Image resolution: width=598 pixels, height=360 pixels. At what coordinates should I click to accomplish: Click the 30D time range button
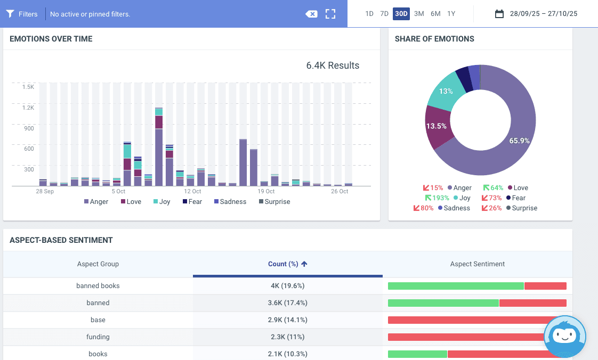coord(401,14)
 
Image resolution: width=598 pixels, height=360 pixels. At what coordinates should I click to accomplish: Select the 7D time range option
coord(384,14)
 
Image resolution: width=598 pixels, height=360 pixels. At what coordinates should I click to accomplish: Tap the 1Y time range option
coord(451,14)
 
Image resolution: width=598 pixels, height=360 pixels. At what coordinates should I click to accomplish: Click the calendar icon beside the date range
coord(499,14)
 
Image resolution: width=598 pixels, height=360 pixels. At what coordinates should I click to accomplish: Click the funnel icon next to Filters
coord(10,14)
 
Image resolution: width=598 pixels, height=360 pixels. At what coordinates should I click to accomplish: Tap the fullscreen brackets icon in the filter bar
coord(330,14)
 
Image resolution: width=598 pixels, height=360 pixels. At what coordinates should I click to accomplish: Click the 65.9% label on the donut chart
coord(520,141)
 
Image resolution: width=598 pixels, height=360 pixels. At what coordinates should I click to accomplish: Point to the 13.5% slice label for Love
coord(437,126)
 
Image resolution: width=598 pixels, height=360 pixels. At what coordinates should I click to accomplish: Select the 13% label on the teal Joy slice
coord(446,91)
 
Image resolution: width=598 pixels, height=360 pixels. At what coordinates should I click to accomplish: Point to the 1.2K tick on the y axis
coord(28,108)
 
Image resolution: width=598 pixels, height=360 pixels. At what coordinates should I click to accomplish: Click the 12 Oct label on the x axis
coord(192,191)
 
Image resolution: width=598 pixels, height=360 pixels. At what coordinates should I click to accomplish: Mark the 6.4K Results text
coord(333,66)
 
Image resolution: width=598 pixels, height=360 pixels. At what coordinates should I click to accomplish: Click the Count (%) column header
coord(288,264)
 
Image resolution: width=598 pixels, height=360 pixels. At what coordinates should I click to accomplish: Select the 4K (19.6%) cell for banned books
coord(288,286)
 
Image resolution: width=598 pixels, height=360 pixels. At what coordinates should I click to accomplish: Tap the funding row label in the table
coord(98,337)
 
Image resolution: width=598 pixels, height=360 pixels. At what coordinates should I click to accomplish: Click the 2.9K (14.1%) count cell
coord(288,320)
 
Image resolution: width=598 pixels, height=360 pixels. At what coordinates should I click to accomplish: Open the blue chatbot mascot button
coord(565,336)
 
